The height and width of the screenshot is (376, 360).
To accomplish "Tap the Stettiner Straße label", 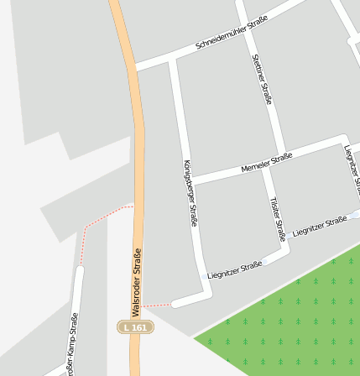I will tap(263, 79).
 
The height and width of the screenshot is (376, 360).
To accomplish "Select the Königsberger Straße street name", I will tap(190, 193).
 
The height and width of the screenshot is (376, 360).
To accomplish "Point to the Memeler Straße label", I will tap(266, 162).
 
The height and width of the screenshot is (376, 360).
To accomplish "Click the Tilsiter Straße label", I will tap(277, 219).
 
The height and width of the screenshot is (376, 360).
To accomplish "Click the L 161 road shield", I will tap(134, 326).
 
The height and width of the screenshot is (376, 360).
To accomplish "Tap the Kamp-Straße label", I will tap(72, 344).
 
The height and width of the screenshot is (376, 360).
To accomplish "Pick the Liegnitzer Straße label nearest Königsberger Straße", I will tap(235, 269).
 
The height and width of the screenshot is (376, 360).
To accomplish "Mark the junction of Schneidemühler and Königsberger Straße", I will tap(174, 60).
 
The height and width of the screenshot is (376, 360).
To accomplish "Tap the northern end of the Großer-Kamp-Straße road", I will tap(79, 270).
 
